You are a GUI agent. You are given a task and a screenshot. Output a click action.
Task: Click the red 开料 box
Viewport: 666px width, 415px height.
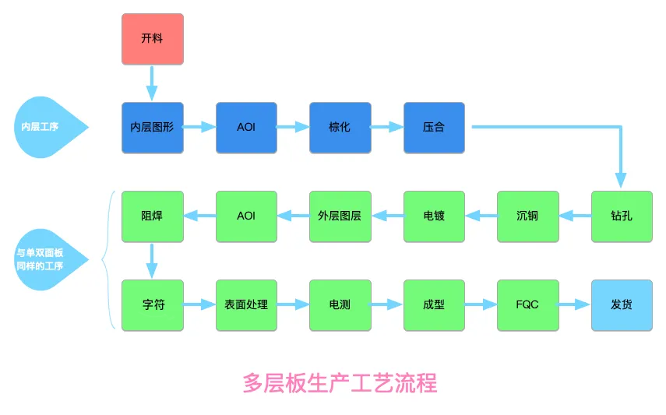tap(153, 39)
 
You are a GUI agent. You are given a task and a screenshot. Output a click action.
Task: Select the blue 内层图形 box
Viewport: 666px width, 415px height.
tap(153, 128)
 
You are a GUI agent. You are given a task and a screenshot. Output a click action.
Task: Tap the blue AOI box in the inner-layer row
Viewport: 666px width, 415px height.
tap(246, 128)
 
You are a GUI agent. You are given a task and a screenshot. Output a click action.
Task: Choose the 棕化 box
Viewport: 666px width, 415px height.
tap(340, 128)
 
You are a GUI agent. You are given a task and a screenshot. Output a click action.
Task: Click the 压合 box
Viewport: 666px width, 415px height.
tap(434, 128)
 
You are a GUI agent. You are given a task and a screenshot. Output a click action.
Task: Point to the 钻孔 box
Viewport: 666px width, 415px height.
tap(622, 216)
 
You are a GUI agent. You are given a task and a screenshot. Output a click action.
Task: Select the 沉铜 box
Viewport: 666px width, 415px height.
tap(527, 216)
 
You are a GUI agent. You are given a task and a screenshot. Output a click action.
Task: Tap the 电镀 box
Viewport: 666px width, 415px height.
tap(434, 216)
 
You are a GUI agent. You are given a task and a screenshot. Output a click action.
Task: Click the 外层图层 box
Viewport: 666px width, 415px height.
tap(340, 216)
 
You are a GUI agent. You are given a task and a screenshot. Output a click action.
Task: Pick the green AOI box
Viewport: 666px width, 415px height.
tap(246, 216)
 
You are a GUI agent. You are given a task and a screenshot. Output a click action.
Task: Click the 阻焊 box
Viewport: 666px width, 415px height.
tap(153, 216)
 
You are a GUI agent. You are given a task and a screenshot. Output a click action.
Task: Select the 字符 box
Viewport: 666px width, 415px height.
tap(153, 305)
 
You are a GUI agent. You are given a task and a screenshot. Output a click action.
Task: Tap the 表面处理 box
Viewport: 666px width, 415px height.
tap(246, 305)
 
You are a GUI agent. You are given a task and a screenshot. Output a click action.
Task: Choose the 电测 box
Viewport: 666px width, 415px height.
tap(340, 305)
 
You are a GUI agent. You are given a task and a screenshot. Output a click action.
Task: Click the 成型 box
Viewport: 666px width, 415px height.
tap(434, 305)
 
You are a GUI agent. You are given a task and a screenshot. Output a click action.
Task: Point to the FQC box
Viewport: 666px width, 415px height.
tap(527, 305)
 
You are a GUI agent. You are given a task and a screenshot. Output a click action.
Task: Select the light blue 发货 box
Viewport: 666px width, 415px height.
tap(622, 305)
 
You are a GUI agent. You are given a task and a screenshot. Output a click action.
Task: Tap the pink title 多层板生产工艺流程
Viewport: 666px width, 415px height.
tap(340, 383)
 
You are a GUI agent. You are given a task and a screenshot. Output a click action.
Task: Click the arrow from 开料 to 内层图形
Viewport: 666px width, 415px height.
tap(152, 83)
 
